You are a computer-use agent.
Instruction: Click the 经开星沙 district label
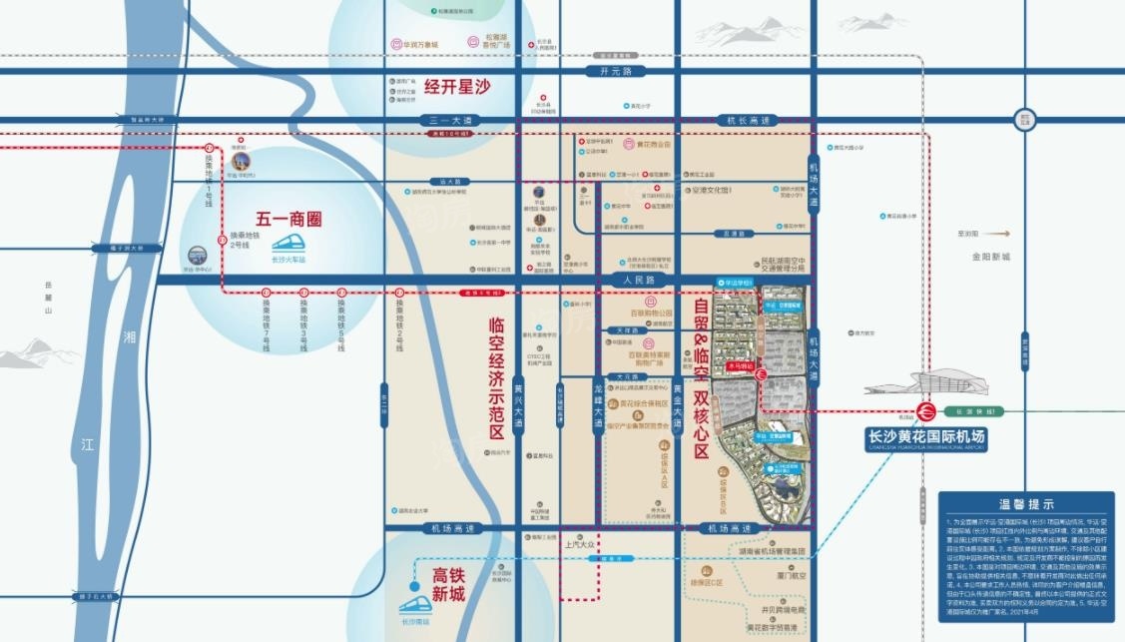tap(458, 86)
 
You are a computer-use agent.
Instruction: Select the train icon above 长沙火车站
tap(288, 243)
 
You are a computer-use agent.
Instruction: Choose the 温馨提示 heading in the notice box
tap(1026, 504)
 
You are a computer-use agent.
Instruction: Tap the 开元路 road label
tap(616, 72)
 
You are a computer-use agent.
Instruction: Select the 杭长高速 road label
tap(750, 120)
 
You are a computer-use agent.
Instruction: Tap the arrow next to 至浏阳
tap(998, 234)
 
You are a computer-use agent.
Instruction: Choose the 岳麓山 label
tap(46, 298)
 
